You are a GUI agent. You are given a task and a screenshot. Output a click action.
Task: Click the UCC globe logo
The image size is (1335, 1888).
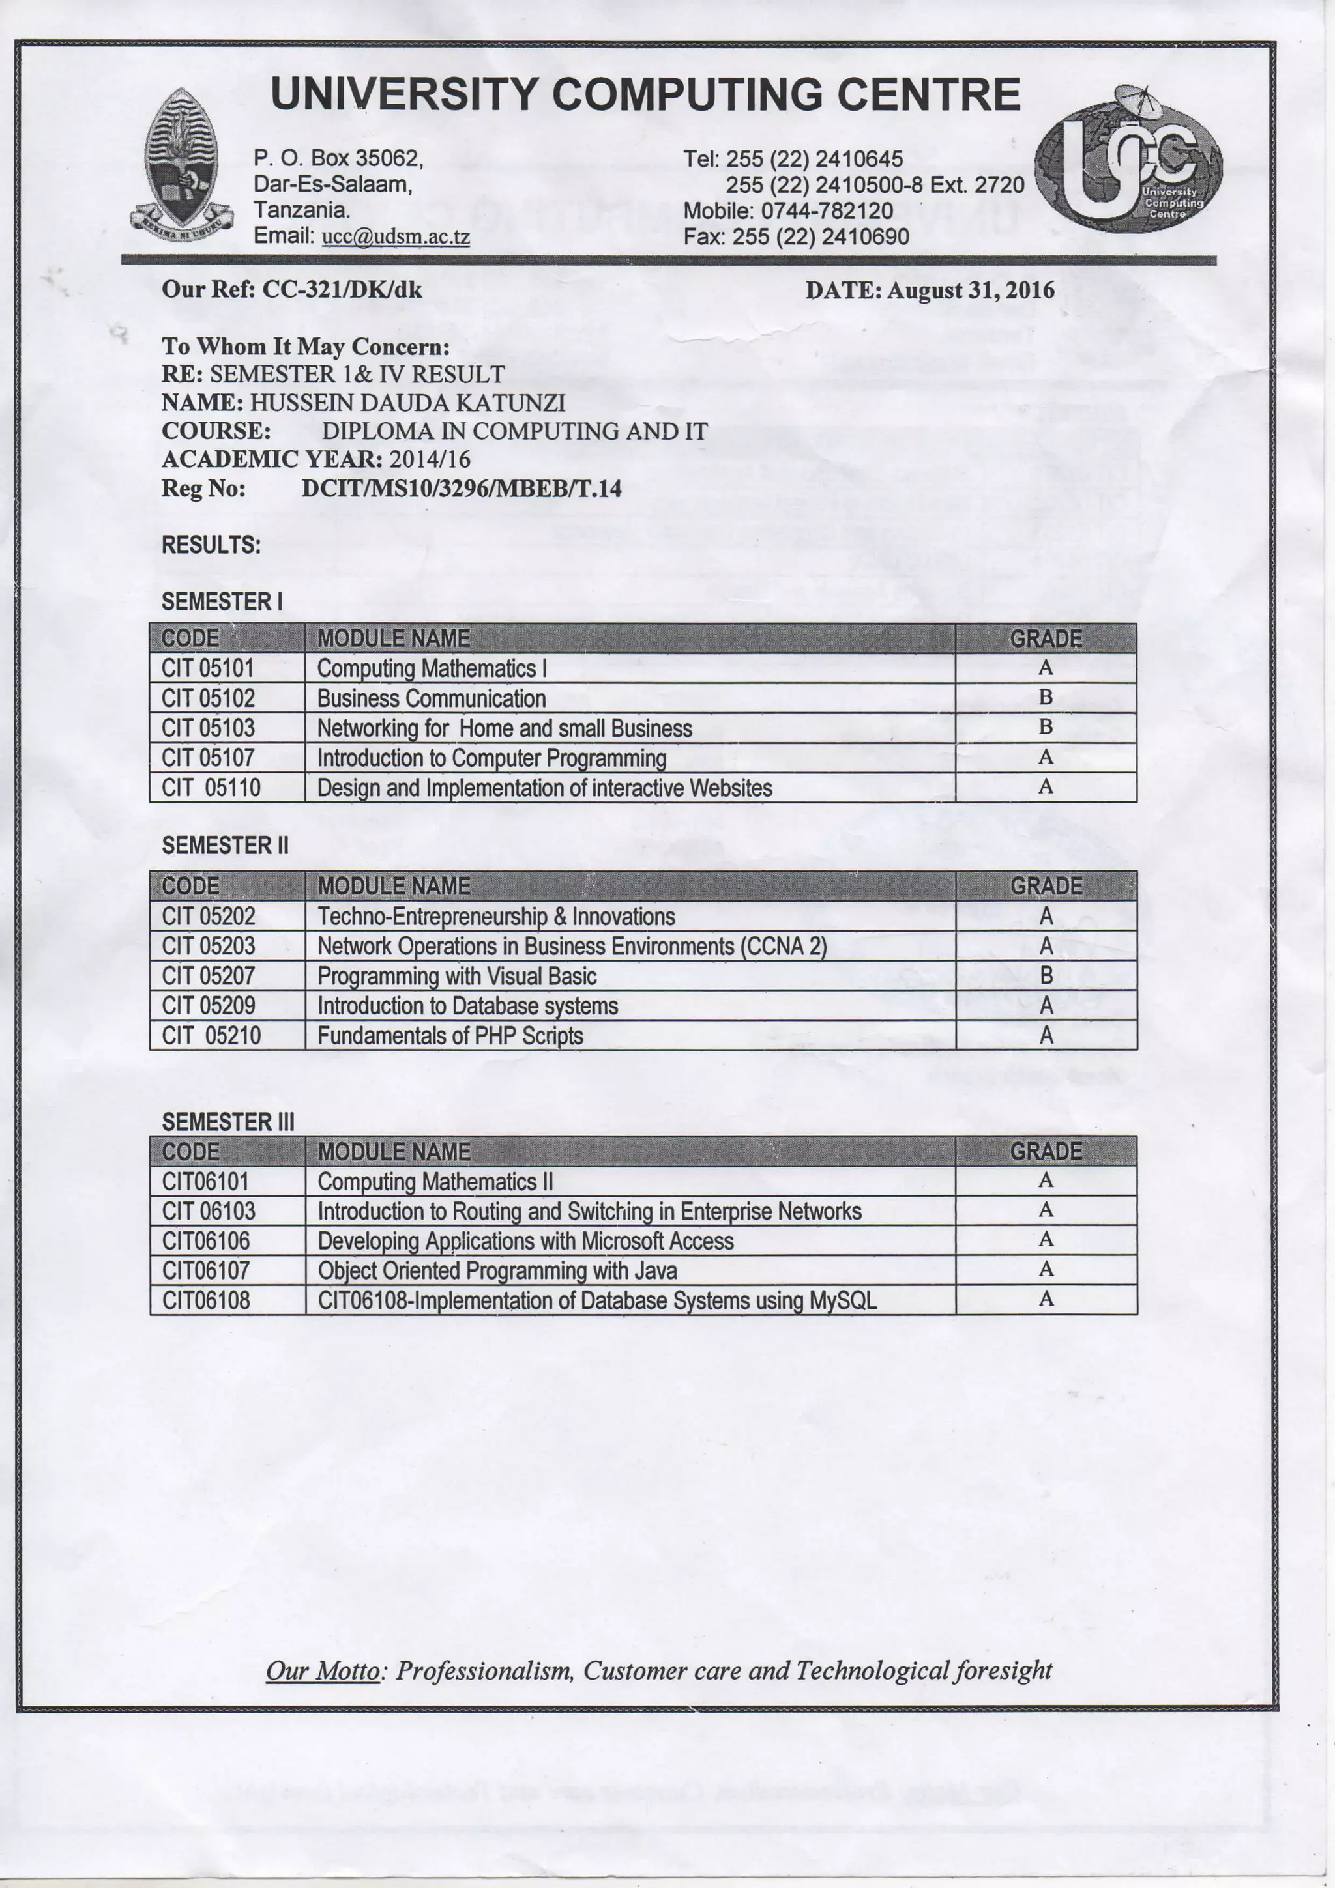tap(1128, 160)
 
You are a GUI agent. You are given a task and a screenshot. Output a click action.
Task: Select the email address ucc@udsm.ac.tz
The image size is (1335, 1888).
tap(396, 237)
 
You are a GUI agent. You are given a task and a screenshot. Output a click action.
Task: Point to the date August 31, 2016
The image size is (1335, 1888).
tap(970, 291)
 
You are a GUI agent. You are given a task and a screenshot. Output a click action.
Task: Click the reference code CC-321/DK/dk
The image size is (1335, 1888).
tap(342, 289)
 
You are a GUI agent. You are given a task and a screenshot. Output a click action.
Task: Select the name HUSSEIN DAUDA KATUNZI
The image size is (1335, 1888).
tap(407, 403)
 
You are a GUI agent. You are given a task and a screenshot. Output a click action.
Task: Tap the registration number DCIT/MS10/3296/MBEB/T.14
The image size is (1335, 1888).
tap(462, 489)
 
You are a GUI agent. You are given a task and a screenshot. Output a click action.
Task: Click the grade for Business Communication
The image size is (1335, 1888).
tap(1046, 697)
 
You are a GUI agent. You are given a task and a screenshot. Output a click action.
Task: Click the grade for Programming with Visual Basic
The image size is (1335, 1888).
tap(1046, 976)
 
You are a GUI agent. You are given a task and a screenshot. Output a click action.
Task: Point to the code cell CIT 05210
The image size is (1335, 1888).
tap(211, 1035)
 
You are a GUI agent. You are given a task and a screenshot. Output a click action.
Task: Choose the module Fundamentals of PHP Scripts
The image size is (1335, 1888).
tap(450, 1035)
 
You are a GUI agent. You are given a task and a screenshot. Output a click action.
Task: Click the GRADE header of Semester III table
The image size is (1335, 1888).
tap(1046, 1151)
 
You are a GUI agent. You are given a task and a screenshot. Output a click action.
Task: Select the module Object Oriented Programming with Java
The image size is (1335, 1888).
tap(497, 1270)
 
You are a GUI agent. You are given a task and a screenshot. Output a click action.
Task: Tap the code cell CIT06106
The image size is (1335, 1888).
tap(205, 1241)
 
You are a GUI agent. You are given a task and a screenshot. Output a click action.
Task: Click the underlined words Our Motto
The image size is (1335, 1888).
tap(323, 1671)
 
